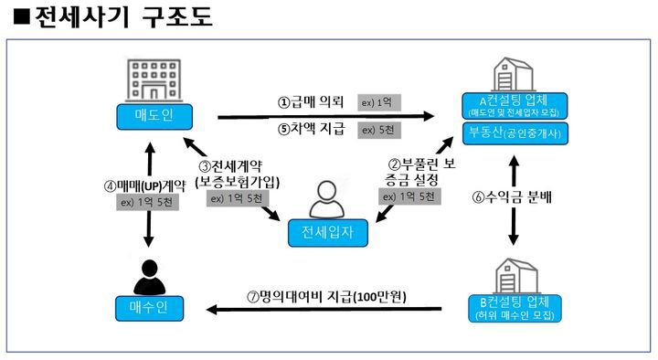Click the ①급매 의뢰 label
click(x=311, y=101)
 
